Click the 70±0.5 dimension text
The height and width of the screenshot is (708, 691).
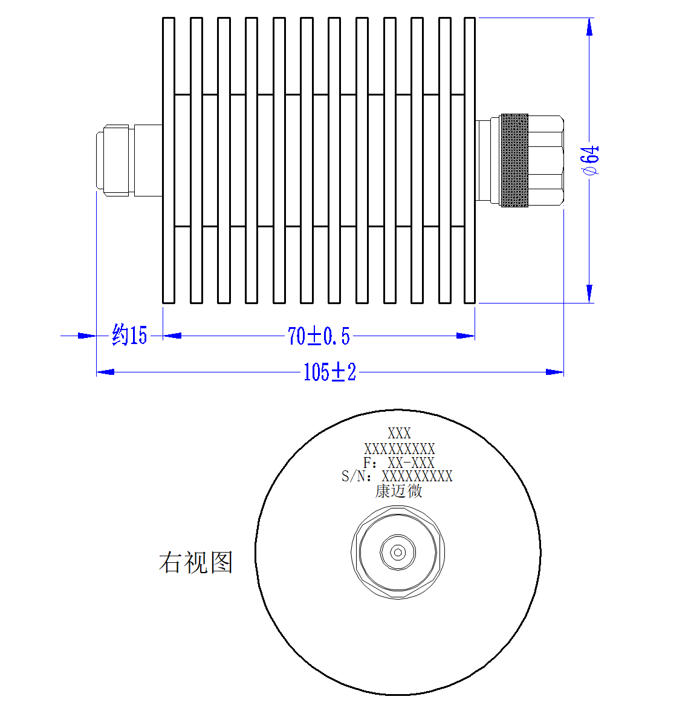319,336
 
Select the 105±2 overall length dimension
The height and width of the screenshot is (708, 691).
330,372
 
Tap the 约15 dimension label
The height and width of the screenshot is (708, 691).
129,335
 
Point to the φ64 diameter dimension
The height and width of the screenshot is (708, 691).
591,160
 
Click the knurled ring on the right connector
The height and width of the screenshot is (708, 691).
514,160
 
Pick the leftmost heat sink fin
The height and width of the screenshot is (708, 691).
168,160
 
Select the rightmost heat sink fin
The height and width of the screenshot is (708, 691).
469,160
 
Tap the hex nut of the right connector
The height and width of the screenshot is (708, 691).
546,160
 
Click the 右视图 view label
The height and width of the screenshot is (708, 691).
196,562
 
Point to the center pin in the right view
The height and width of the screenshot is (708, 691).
398,552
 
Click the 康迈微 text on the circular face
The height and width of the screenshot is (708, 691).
398,491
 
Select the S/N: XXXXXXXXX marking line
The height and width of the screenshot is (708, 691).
397,476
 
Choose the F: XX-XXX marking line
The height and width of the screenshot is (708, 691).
398,463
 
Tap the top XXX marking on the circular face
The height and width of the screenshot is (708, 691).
399,434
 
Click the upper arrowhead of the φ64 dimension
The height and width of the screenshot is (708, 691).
589,27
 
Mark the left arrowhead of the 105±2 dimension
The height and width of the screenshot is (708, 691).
105,372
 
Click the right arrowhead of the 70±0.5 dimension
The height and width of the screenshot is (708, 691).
466,336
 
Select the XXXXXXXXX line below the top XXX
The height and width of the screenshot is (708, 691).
400,449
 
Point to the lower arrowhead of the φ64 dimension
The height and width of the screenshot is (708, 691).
589,294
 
